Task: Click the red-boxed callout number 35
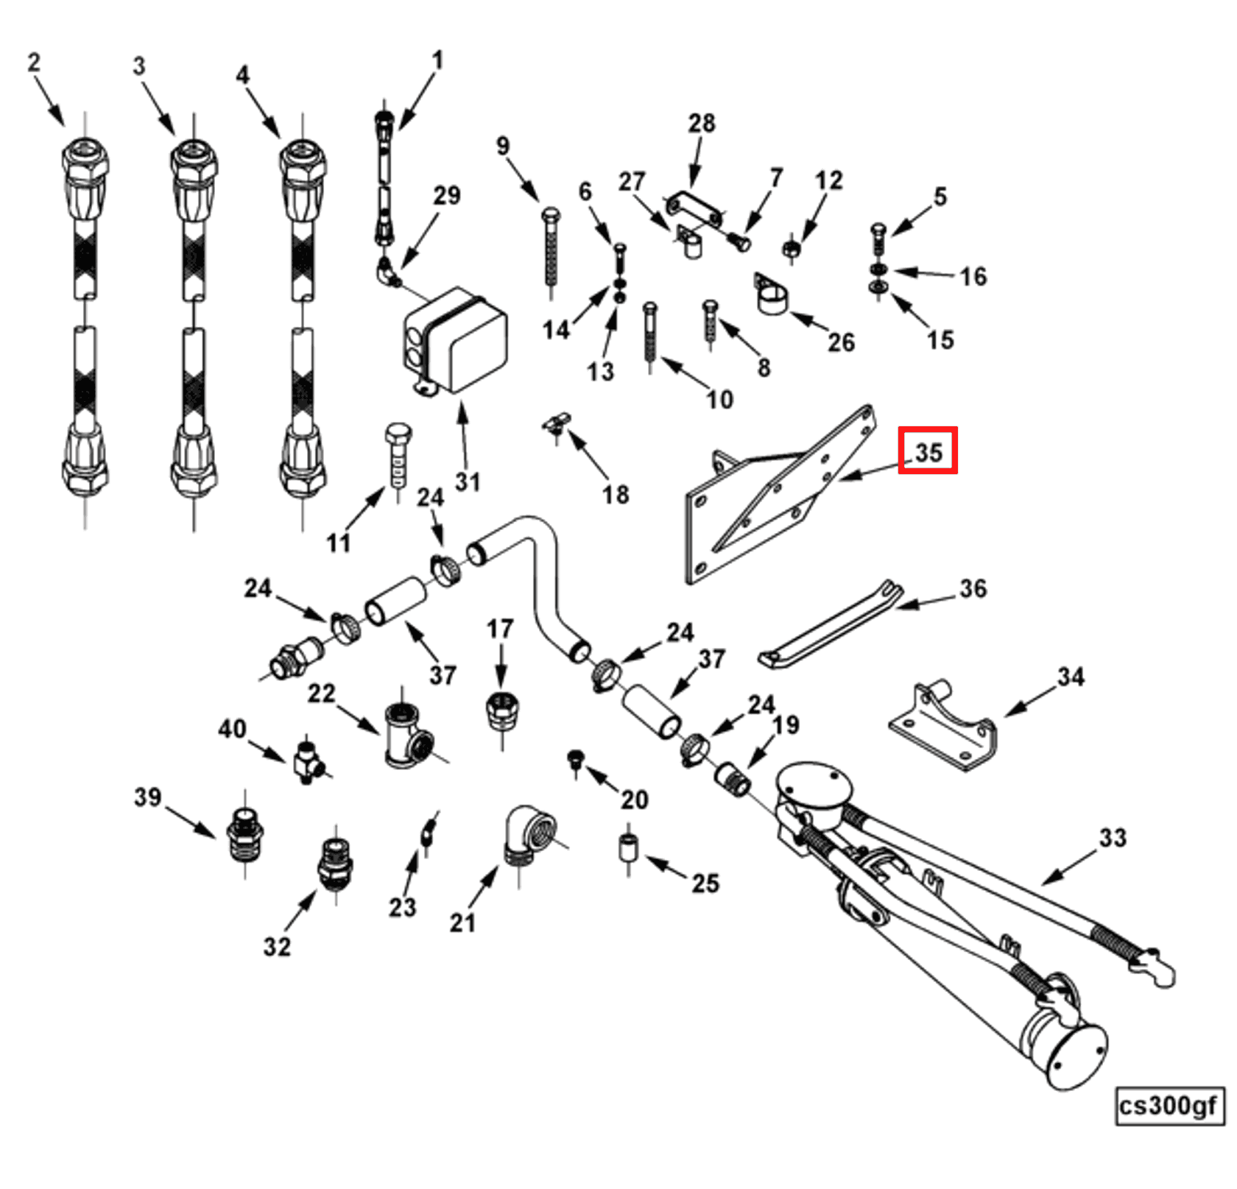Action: [927, 451]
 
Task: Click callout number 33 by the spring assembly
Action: [1112, 837]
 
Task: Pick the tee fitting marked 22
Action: [406, 736]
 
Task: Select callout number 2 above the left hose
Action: [33, 63]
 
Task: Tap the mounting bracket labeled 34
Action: [944, 725]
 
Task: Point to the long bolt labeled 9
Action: [551, 250]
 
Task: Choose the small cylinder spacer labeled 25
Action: [627, 847]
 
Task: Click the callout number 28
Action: [701, 123]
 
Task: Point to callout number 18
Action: [616, 494]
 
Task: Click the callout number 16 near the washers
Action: [972, 277]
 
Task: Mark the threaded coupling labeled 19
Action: [733, 778]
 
